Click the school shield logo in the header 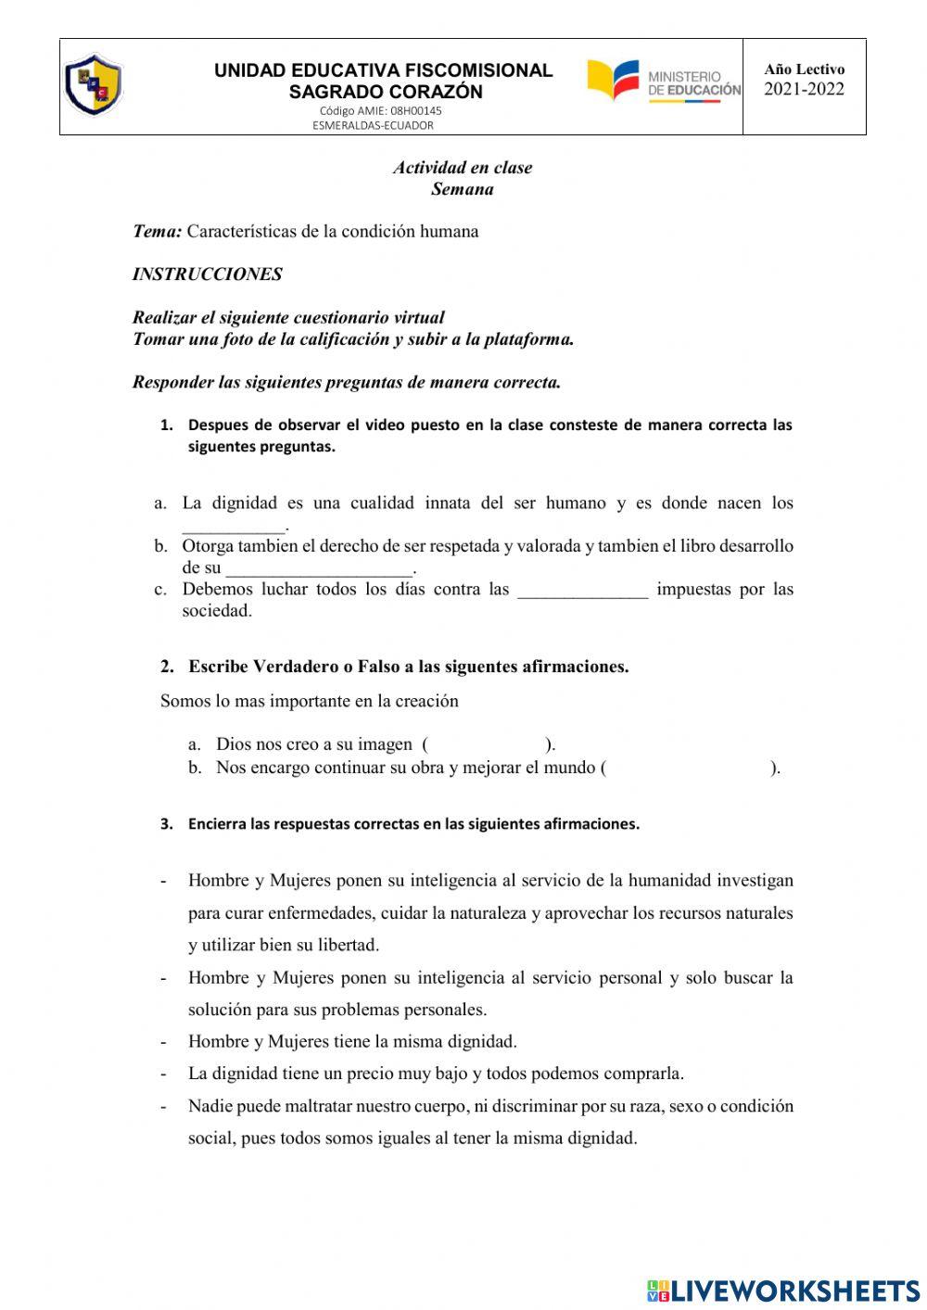click(x=93, y=85)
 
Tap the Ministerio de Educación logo click(x=664, y=82)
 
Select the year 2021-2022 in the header click(x=804, y=90)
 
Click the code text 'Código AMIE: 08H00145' click(x=380, y=110)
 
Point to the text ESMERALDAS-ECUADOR click(x=373, y=125)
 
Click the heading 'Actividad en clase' click(x=463, y=168)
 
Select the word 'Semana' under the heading click(x=463, y=189)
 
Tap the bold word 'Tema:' click(x=157, y=232)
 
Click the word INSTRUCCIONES click(x=208, y=274)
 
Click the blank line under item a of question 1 click(x=234, y=525)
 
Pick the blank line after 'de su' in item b click(x=319, y=568)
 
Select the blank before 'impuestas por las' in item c click(x=582, y=591)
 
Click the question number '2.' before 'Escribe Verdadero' click(x=167, y=667)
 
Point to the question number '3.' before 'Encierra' click(x=167, y=824)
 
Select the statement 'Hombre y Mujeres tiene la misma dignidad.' click(x=352, y=1041)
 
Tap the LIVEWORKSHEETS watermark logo click(x=783, y=1290)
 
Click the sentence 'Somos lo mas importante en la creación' click(x=310, y=701)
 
